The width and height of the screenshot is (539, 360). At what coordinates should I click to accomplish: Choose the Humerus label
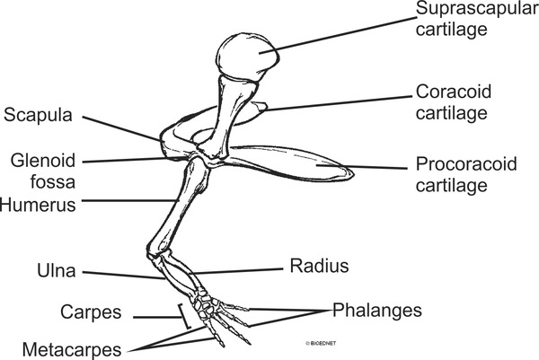coord(39,204)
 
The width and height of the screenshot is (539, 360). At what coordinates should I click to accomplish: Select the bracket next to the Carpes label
coord(184,315)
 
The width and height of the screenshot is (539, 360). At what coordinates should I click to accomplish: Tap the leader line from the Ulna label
coord(117,273)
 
